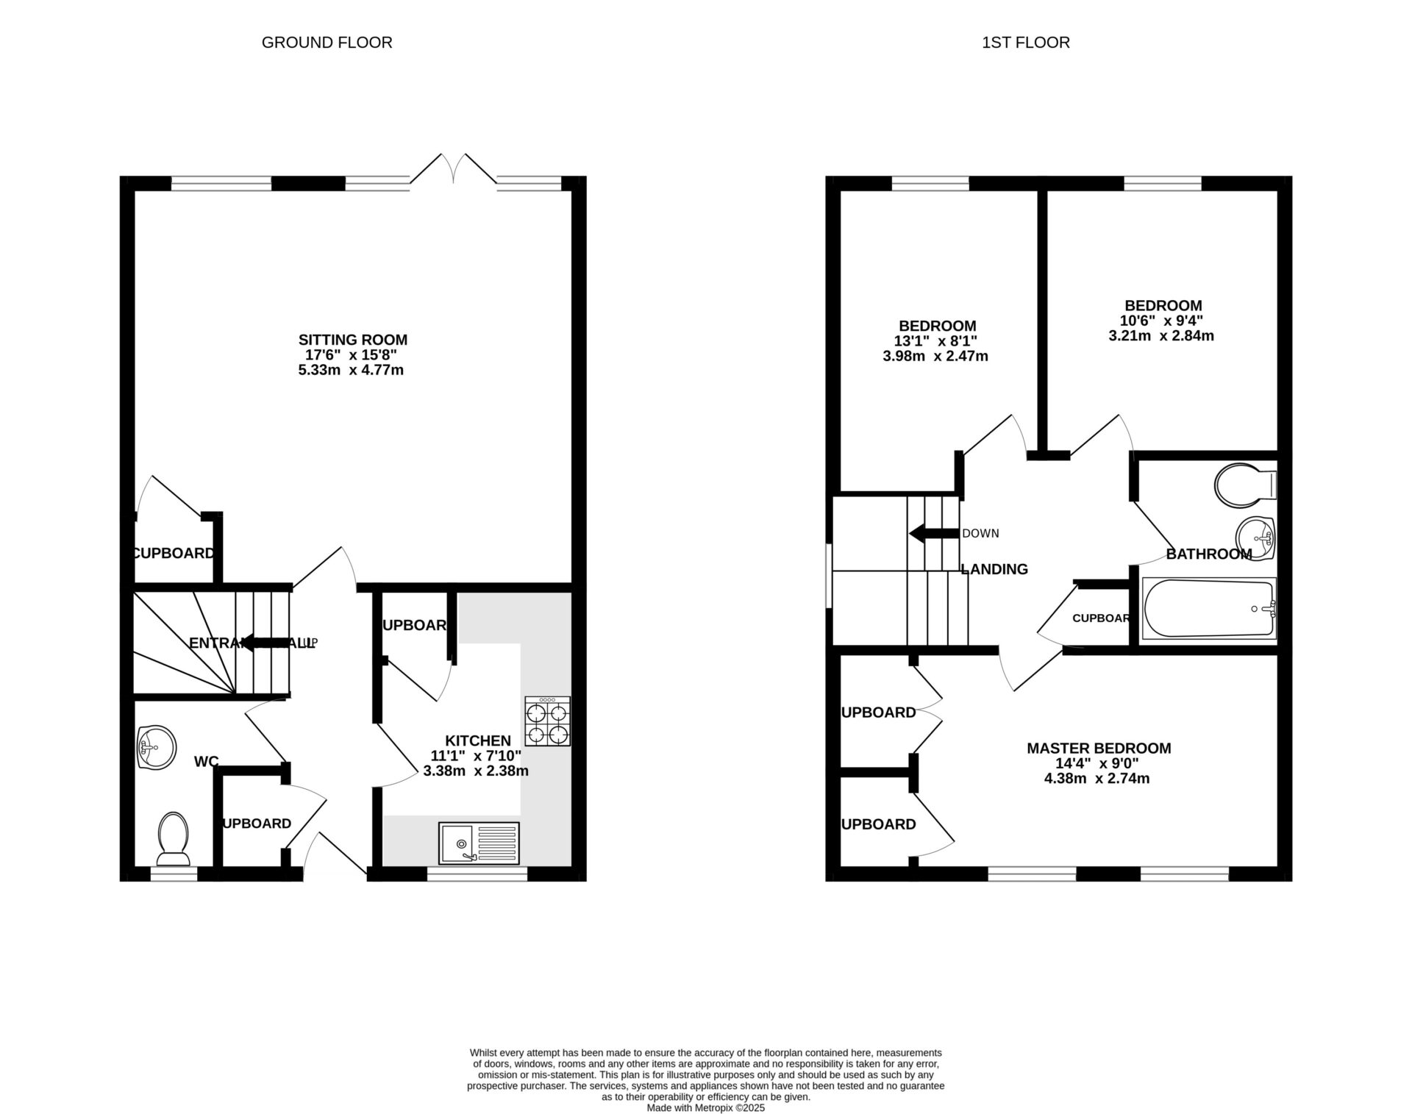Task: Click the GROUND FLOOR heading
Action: pos(327,43)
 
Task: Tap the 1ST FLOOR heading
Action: pos(1025,43)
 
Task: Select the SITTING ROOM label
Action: pos(352,340)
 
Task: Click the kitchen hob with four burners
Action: pos(547,721)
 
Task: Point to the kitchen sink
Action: pos(479,843)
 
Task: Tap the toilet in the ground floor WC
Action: pos(174,839)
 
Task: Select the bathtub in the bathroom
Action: pos(1209,608)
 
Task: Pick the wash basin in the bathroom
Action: pos(1255,538)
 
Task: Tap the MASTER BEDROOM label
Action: pos(1099,748)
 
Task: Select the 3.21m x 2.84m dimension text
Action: pos(1161,336)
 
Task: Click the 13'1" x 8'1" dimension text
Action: pos(935,341)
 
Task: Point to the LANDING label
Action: pos(994,568)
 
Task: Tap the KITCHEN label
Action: pos(478,740)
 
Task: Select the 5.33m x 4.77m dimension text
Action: pos(351,370)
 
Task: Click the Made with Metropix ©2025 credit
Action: pos(705,1107)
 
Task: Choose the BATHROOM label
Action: pos(1208,554)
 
